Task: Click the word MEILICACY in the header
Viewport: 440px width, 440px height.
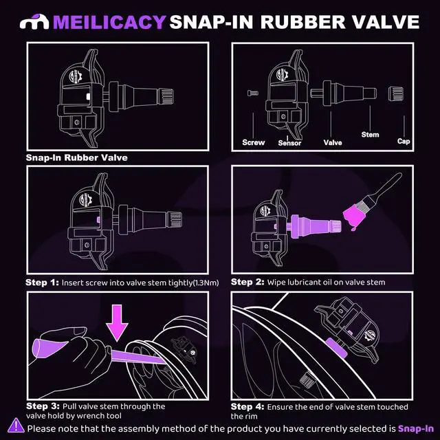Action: click(109, 22)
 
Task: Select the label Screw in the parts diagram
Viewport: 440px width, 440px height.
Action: click(254, 143)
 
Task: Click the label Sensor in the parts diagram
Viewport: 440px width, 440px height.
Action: click(289, 143)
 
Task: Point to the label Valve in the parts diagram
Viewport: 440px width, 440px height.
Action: click(333, 143)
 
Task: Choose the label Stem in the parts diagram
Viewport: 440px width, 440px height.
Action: click(370, 135)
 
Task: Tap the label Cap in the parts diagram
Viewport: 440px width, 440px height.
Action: click(404, 141)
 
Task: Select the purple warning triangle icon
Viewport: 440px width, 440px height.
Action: click(17, 427)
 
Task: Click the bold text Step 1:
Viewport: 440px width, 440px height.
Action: click(43, 282)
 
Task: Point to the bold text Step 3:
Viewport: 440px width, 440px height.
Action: click(43, 406)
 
